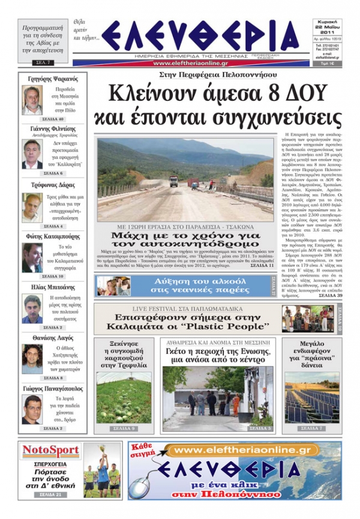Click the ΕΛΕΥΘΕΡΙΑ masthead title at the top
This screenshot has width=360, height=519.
pos(204,37)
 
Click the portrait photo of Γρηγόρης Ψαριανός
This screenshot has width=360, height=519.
pos(31,100)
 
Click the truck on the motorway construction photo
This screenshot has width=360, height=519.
pos(173,181)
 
